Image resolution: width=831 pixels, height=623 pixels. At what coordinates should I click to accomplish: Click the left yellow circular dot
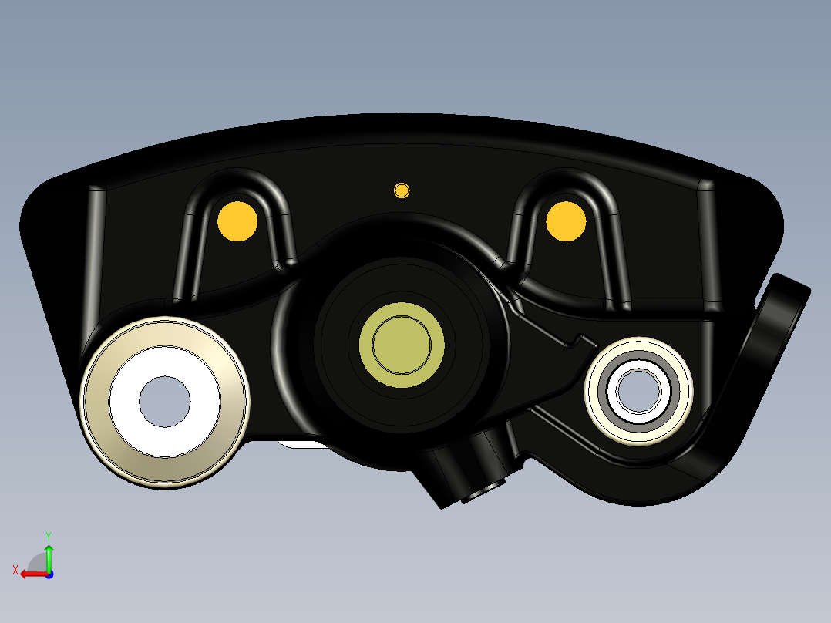(237, 221)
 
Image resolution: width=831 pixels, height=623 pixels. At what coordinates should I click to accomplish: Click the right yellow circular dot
(566, 221)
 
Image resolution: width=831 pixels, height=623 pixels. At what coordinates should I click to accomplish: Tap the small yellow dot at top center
(402, 190)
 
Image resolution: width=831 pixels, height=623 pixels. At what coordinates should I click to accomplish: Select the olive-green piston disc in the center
(402, 345)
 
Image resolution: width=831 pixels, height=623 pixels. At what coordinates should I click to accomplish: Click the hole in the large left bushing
(165, 402)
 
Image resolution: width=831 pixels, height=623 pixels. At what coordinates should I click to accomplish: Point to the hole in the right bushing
(638, 392)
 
